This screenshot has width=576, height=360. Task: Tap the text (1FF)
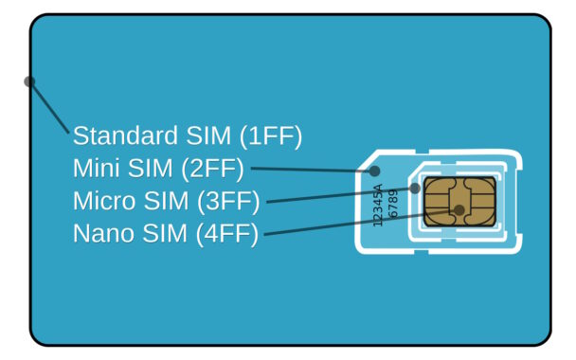[x=271, y=136]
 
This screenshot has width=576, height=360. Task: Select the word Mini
[x=98, y=170]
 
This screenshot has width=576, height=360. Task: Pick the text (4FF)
[x=226, y=234]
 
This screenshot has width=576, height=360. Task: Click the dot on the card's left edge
[x=29, y=81]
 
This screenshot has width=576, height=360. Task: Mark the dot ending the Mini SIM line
[x=375, y=171]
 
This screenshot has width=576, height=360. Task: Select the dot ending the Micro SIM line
[x=415, y=189]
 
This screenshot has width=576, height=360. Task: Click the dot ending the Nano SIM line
[x=459, y=209]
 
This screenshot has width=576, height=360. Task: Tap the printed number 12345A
[x=378, y=205]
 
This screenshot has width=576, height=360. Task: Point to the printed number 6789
[x=393, y=203]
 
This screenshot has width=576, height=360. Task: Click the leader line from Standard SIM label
[x=49, y=107]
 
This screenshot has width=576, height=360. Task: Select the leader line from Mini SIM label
[x=313, y=170]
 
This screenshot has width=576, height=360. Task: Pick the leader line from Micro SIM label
[x=341, y=195]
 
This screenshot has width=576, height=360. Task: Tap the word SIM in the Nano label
[x=165, y=234]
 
